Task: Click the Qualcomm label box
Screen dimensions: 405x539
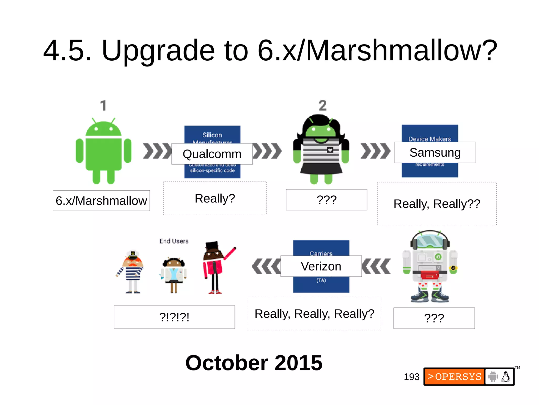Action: [x=212, y=154]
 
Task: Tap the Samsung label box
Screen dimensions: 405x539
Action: [x=435, y=152]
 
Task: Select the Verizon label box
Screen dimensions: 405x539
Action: [x=321, y=266]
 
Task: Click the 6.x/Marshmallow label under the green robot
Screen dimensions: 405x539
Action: [x=101, y=201]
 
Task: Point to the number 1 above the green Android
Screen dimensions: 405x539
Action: [x=103, y=105]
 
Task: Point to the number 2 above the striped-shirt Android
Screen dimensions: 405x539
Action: [x=322, y=105]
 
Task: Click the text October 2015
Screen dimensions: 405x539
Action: [x=254, y=363]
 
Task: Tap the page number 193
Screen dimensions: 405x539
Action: [x=411, y=377]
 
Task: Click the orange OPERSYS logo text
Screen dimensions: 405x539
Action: [x=455, y=377]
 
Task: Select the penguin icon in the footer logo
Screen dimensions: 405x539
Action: [x=505, y=377]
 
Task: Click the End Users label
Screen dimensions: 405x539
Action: [x=174, y=241]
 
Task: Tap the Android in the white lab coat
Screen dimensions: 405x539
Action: [x=173, y=274]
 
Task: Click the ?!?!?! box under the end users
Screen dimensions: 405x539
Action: [x=174, y=317]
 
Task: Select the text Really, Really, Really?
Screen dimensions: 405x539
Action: [x=314, y=314]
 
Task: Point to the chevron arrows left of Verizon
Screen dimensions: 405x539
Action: [x=266, y=266]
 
